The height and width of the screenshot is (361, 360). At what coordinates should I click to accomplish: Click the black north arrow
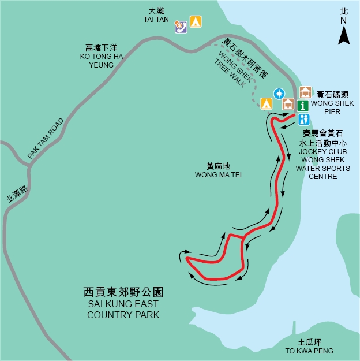tap(344, 36)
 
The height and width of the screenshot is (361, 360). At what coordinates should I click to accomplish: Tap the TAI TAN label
tap(154, 20)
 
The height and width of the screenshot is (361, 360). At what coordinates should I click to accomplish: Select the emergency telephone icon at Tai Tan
tap(182, 24)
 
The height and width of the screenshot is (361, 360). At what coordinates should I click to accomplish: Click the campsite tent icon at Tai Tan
tap(196, 22)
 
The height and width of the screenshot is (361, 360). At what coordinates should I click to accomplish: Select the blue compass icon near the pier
tap(279, 92)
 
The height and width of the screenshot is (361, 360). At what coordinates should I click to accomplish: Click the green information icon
tap(304, 105)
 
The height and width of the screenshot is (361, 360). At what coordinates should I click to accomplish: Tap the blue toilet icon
tap(304, 119)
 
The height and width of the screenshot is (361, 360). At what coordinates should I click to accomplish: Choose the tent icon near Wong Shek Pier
tap(266, 103)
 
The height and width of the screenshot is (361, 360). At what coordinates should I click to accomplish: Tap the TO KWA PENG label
tap(309, 351)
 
